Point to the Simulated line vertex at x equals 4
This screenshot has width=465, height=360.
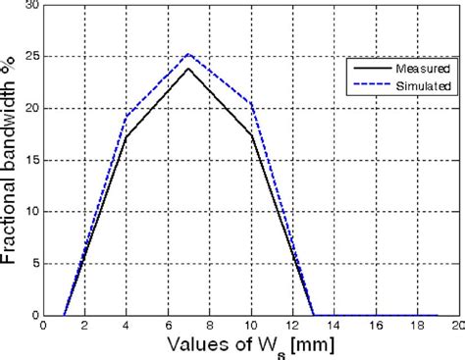point(126,116)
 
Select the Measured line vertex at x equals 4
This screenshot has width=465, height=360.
point(126,136)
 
